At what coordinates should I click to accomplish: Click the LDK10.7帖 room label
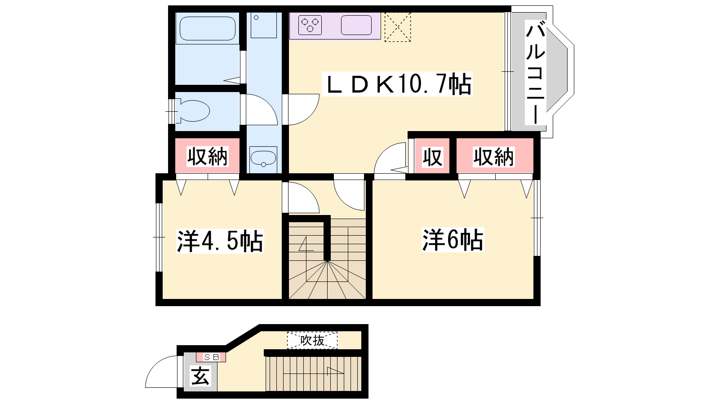[397, 84]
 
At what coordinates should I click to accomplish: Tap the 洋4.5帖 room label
[220, 241]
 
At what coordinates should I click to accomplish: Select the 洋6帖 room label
[453, 240]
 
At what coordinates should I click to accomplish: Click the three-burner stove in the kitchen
[310, 25]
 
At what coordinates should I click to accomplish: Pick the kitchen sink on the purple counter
[356, 25]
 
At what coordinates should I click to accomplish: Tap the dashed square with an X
[397, 27]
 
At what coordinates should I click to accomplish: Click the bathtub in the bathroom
[207, 29]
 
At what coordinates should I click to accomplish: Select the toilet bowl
[193, 111]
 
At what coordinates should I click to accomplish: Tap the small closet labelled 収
[432, 156]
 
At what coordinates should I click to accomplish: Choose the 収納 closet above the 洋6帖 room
[495, 156]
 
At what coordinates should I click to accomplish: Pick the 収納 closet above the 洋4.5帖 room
[207, 156]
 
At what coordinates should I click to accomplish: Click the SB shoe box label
[211, 357]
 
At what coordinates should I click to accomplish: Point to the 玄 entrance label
[200, 375]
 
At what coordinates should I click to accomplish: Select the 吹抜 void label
[312, 341]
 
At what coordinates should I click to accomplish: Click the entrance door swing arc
[154, 365]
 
